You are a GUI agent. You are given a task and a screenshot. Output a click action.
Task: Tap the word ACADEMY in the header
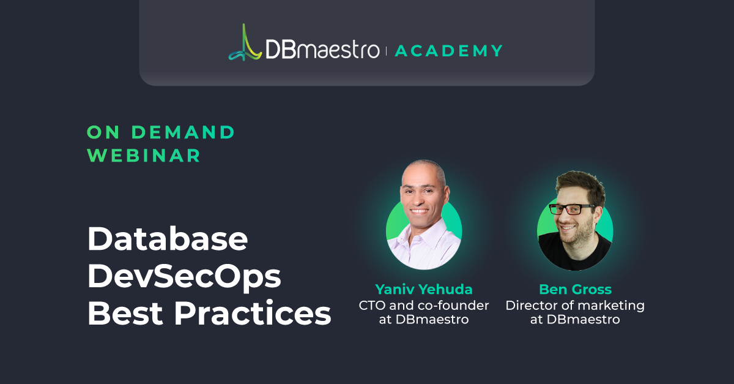(448, 51)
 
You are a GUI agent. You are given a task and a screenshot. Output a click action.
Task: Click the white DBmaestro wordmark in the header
(322, 49)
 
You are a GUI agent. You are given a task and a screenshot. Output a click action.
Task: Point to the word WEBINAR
(144, 155)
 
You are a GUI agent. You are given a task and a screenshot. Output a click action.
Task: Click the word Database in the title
(168, 239)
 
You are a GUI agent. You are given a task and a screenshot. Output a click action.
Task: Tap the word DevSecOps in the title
(184, 276)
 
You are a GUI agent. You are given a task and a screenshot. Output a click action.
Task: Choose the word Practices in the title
(253, 313)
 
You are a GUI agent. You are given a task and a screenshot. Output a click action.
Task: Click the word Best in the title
(125, 313)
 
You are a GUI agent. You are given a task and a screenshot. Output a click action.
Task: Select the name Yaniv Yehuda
(424, 289)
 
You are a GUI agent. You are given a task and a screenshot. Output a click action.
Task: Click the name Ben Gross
(576, 289)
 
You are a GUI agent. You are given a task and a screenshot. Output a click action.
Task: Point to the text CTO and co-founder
(424, 305)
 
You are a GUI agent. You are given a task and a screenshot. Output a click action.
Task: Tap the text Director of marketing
(575, 306)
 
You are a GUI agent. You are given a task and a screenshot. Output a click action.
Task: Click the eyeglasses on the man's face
(572, 209)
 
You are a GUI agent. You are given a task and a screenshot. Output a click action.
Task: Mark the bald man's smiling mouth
(420, 211)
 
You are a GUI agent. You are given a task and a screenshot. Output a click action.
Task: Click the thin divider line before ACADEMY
(387, 51)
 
